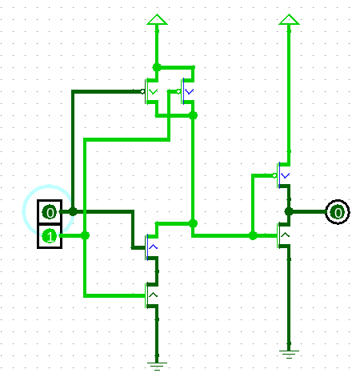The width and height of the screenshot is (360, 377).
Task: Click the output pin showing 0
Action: pyautogui.click(x=338, y=212)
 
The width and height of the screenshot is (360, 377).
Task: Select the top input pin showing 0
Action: pyautogui.click(x=50, y=212)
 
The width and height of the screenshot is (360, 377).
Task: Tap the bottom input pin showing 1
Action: pyautogui.click(x=50, y=236)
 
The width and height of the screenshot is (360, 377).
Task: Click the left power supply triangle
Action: pyautogui.click(x=157, y=19)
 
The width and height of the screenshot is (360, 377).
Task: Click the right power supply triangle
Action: pyautogui.click(x=289, y=19)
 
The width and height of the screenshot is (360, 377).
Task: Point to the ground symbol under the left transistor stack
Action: pyautogui.click(x=157, y=367)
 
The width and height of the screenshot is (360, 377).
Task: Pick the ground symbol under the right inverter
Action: pyautogui.click(x=289, y=355)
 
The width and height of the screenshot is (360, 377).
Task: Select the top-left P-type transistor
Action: pyautogui.click(x=150, y=91)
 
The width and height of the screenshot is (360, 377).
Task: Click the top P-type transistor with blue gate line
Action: pyautogui.click(x=186, y=91)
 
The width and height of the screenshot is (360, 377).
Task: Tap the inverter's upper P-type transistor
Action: pyautogui.click(x=282, y=175)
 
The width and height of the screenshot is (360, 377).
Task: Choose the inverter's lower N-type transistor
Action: pyautogui.click(x=283, y=235)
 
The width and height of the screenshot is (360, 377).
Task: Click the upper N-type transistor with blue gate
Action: pyautogui.click(x=152, y=247)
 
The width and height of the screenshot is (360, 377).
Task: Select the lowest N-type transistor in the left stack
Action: pyautogui.click(x=152, y=295)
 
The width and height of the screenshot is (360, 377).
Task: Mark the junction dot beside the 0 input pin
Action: pyautogui.click(x=73, y=211)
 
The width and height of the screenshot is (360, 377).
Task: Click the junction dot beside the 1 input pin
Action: pyautogui.click(x=85, y=235)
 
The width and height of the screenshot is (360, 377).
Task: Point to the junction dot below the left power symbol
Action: pyautogui.click(x=157, y=67)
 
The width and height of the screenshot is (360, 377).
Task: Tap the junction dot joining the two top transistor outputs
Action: pyautogui.click(x=193, y=115)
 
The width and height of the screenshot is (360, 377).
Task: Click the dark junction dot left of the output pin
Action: pyautogui.click(x=289, y=211)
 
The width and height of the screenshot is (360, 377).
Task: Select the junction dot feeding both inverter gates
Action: pyautogui.click(x=253, y=235)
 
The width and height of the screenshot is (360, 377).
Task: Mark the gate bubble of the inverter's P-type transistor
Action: pyautogui.click(x=274, y=175)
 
